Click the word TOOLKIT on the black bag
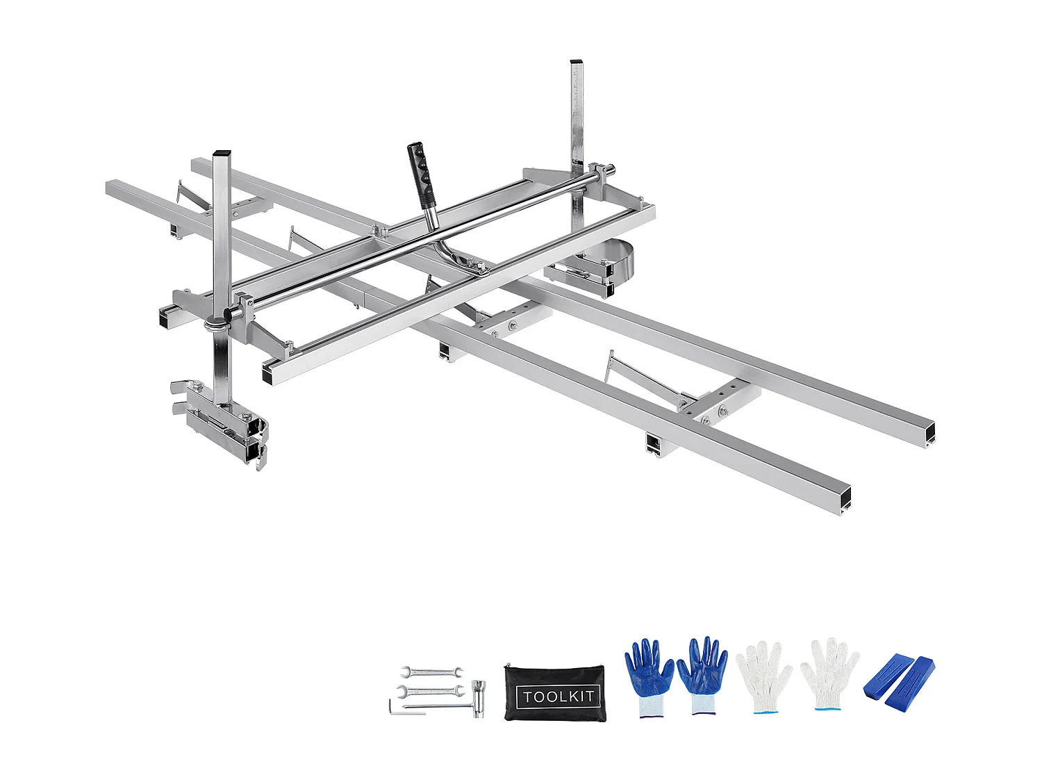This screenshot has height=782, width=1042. (559, 696)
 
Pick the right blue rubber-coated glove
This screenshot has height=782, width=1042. (702, 673)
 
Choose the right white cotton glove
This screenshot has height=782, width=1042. (829, 673)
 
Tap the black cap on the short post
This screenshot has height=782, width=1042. (222, 152)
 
